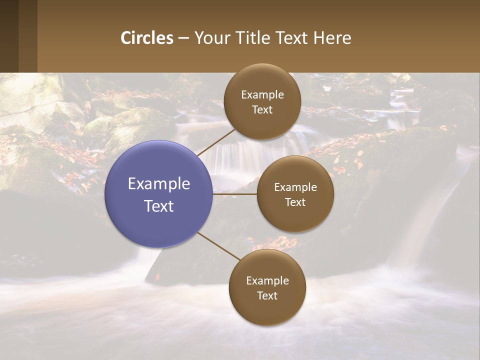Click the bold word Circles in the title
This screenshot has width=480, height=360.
click(147, 38)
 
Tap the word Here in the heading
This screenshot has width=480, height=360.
click(332, 38)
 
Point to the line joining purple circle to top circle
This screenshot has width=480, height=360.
click(216, 141)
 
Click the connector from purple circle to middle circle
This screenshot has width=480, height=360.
click(234, 193)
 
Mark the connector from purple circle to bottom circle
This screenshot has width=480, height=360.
click(219, 246)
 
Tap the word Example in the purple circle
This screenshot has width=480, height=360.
click(159, 184)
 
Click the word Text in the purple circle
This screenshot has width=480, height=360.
click(159, 206)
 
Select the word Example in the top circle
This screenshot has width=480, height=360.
click(262, 95)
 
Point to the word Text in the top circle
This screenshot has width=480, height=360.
click(262, 110)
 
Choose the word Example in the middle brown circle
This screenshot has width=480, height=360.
click(295, 187)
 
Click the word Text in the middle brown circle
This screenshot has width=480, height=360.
click(295, 202)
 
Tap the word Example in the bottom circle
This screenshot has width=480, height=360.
click(267, 281)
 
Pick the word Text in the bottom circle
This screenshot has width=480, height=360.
click(267, 296)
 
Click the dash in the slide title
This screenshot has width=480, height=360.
click(183, 38)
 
